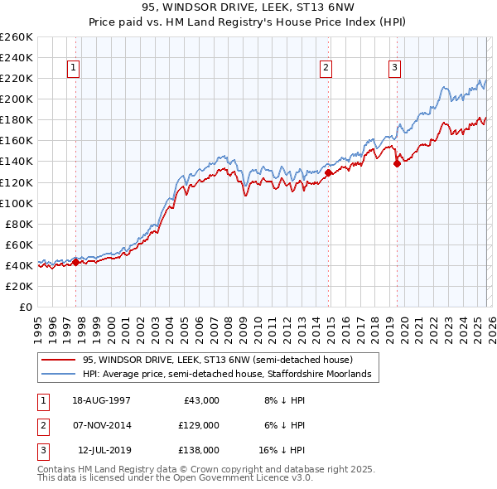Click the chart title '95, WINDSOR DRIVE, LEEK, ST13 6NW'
[x=248, y=7]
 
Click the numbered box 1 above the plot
[x=75, y=68]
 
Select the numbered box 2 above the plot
[x=327, y=68]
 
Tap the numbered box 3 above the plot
[x=395, y=68]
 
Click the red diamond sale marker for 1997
[x=75, y=262]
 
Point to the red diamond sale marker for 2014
[x=328, y=172]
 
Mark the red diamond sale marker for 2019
[x=397, y=163]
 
